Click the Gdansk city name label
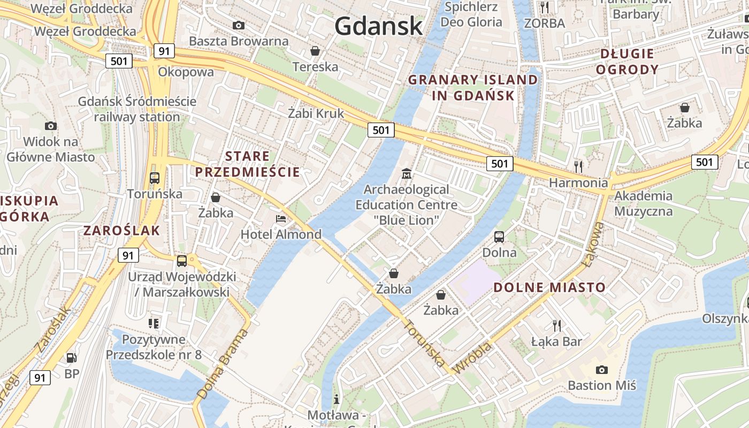coord(379,25)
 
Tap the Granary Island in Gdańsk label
coord(473,88)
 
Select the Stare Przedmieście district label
coord(247,164)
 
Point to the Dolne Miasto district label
coord(549,287)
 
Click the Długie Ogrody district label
coord(627,62)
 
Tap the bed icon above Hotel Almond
coord(281,218)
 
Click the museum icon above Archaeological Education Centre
coord(407,174)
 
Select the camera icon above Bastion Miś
coord(602,370)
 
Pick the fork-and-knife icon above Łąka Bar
coord(557,325)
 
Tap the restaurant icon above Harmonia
coord(578,166)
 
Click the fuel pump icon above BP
coord(71,358)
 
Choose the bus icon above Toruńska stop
coord(155,178)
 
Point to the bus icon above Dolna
coord(499,236)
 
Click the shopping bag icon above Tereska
coord(316,51)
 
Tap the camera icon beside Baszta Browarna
coord(239,25)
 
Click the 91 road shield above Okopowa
coord(164,51)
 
